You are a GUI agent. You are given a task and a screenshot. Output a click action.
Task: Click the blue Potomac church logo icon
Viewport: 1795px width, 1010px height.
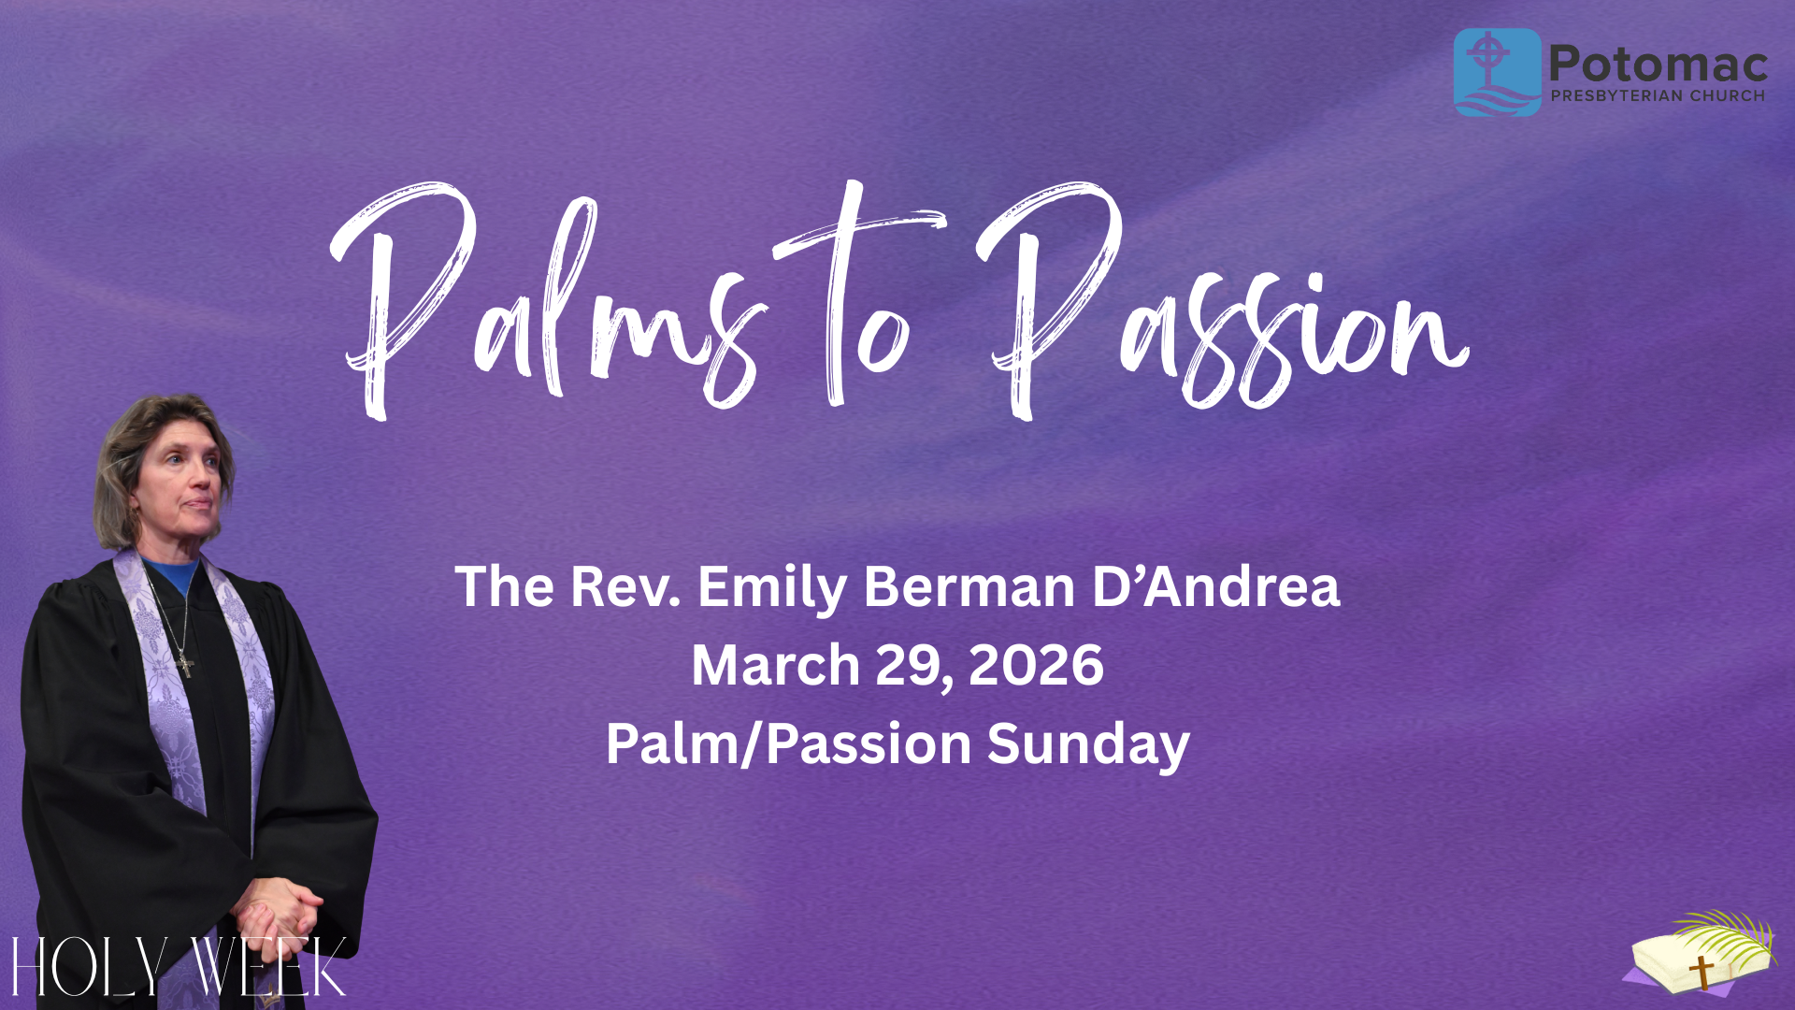[1498, 72]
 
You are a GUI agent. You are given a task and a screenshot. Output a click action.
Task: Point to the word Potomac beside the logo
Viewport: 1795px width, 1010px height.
[1659, 64]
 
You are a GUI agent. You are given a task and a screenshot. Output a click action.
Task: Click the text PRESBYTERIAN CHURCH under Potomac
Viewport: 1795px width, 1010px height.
[1658, 95]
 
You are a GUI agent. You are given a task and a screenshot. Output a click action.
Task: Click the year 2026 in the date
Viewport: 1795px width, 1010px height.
[1036, 665]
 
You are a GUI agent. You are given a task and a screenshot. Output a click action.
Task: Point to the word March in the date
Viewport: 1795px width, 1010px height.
[775, 665]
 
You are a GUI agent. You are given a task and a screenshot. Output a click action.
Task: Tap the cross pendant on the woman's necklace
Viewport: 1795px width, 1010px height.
[186, 664]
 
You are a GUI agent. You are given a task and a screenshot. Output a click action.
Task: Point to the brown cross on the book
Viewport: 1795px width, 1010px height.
[1702, 972]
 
